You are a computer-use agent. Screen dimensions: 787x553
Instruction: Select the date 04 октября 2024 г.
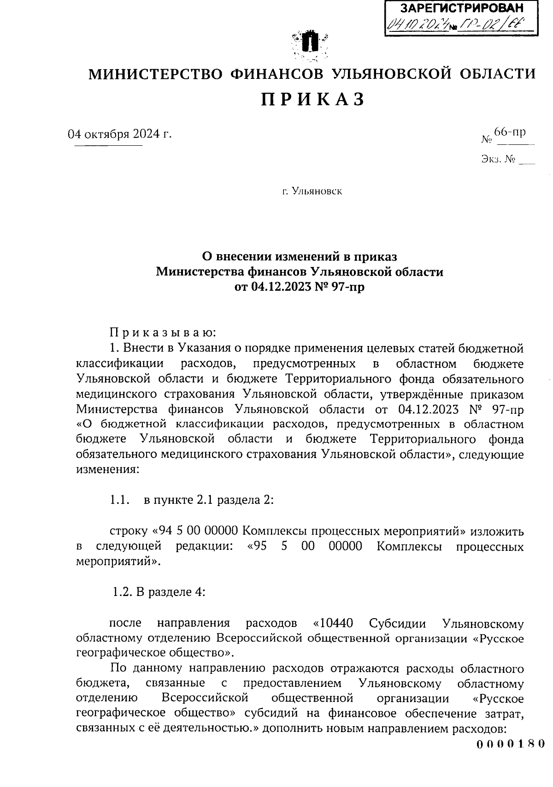point(119,134)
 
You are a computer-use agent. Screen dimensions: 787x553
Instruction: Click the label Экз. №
point(498,160)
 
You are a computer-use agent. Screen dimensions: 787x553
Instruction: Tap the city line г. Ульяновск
point(312,191)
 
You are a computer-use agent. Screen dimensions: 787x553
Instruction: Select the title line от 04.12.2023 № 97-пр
point(300,287)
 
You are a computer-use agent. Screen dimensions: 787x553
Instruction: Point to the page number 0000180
point(510,744)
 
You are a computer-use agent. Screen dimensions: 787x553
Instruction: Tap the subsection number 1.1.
point(118,500)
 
